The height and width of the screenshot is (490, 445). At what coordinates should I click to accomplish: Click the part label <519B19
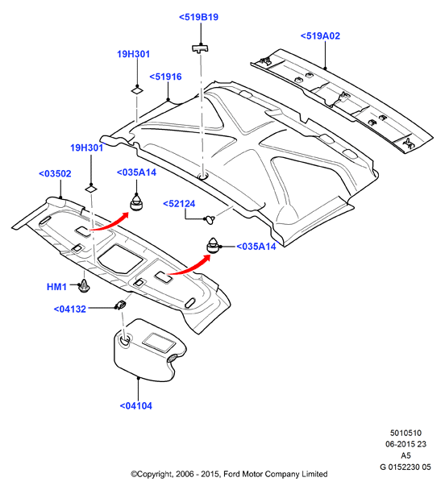[x=198, y=17]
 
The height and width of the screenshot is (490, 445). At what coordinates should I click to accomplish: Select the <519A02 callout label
[x=320, y=36]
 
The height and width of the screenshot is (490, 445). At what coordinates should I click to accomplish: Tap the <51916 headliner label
[x=165, y=77]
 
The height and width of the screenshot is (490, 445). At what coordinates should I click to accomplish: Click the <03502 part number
[x=55, y=174]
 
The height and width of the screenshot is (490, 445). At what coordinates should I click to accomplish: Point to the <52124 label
[x=179, y=204]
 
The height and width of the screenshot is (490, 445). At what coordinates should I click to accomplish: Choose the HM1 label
[x=56, y=287]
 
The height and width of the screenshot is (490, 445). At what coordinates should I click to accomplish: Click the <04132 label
[x=69, y=309]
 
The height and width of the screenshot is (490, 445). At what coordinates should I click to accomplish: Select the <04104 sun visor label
[x=136, y=406]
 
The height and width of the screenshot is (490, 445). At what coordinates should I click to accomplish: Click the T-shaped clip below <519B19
[x=200, y=48]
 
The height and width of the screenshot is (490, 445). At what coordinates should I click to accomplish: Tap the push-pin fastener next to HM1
[x=84, y=285]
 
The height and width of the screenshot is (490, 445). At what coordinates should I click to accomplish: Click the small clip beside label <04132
[x=121, y=305]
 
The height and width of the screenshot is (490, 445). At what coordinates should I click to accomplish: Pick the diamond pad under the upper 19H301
[x=137, y=90]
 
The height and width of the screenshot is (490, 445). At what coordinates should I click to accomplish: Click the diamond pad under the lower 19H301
[x=91, y=189]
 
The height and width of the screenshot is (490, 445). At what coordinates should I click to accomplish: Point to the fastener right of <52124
[x=210, y=219]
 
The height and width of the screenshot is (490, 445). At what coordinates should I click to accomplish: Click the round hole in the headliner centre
[x=203, y=176]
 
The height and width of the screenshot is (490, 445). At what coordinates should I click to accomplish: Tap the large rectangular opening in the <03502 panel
[x=120, y=258]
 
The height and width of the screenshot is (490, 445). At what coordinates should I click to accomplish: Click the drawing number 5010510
[x=405, y=433]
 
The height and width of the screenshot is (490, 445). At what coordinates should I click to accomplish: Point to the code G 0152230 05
[x=405, y=467]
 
